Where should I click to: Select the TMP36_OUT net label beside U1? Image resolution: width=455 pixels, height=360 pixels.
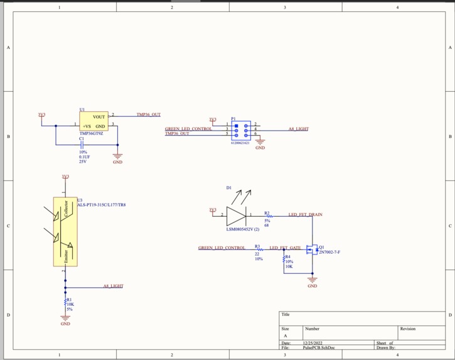point(149,115)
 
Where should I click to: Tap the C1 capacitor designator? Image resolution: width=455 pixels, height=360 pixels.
point(82,139)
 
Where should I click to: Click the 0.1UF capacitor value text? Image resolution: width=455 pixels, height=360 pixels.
point(85,157)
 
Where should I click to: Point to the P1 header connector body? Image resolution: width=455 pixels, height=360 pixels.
point(241,130)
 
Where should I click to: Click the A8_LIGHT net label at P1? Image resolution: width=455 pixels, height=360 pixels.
point(298,129)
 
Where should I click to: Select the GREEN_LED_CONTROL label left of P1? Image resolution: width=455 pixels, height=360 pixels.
point(188,129)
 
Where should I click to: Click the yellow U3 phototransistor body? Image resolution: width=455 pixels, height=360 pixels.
point(65,232)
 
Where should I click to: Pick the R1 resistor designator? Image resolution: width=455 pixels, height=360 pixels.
point(70,300)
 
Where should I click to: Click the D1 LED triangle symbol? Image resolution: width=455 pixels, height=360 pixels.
point(235,215)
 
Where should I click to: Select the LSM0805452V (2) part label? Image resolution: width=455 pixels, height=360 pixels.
point(243,229)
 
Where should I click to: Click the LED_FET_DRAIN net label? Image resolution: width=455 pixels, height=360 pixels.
point(305,215)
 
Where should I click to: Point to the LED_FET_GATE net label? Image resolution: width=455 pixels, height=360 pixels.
point(285,248)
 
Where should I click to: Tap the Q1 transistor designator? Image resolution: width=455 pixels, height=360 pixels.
point(321,247)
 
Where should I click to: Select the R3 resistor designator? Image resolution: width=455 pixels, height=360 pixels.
point(257,246)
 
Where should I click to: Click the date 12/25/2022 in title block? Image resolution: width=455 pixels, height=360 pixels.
point(311,343)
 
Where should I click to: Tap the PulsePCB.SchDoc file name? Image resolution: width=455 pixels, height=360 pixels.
point(318,347)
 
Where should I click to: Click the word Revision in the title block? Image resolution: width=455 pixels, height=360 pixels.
point(407,329)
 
